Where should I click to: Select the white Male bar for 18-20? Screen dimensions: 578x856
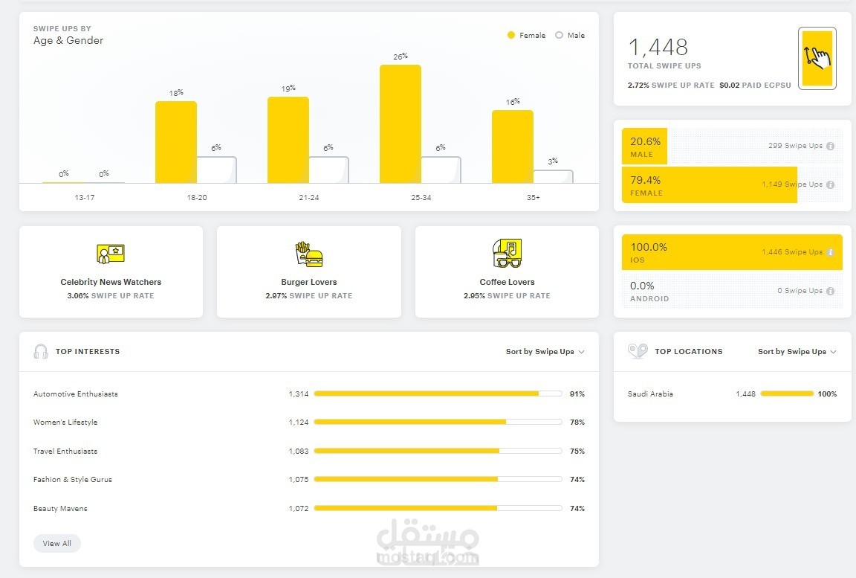tap(216, 170)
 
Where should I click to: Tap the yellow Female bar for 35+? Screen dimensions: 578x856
tap(512, 147)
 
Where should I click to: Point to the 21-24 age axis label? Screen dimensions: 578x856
tap(308, 198)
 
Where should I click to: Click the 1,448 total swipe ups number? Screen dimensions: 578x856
tap(658, 48)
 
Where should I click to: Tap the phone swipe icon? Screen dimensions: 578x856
tap(817, 58)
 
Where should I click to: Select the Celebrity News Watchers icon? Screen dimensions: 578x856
tap(111, 254)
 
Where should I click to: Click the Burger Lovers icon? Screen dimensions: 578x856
tap(309, 254)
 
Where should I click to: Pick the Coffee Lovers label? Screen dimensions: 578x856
tap(507, 283)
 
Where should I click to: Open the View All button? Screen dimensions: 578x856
tap(57, 544)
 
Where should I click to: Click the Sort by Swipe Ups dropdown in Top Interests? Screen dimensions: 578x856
tap(545, 352)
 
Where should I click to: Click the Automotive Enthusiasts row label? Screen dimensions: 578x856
tap(76, 394)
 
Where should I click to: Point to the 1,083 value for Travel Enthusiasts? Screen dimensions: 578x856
tap(299, 452)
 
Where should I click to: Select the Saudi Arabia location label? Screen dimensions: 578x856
tap(650, 394)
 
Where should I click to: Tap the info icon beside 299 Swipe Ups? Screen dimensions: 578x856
tap(830, 147)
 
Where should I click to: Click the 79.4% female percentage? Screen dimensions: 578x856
tap(646, 180)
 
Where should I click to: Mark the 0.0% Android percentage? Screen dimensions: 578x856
tap(643, 286)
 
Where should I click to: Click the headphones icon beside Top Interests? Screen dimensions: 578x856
tap(41, 352)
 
